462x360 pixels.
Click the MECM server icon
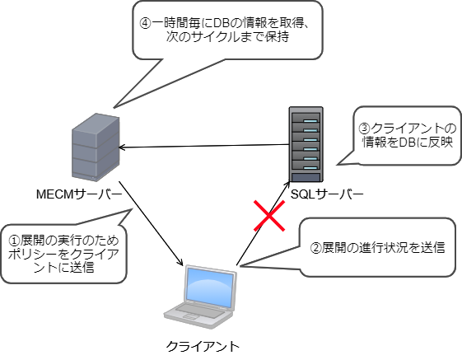pyautogui.click(x=96, y=147)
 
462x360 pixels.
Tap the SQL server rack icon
pyautogui.click(x=306, y=144)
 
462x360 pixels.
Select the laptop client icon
pyautogui.click(x=200, y=297)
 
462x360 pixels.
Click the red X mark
pyautogui.click(x=269, y=216)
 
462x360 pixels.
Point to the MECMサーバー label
pyautogui.click(x=79, y=194)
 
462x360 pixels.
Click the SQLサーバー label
pyautogui.click(x=327, y=194)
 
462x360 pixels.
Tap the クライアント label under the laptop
pyautogui.click(x=203, y=346)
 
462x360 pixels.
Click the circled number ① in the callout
pyautogui.click(x=14, y=241)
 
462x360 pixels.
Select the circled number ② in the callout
pyautogui.click(x=315, y=248)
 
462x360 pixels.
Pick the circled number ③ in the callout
pyautogui.click(x=365, y=129)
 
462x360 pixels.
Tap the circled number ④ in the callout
pyautogui.click(x=145, y=23)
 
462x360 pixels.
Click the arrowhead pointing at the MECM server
pyautogui.click(x=122, y=147)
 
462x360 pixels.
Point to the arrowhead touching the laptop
pyautogui.click(x=180, y=261)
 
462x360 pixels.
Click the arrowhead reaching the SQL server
pyautogui.click(x=287, y=185)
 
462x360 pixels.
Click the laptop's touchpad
pyautogui.click(x=191, y=317)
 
